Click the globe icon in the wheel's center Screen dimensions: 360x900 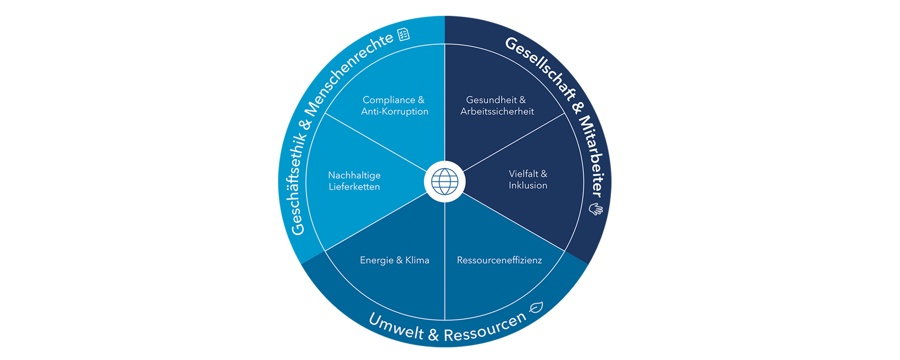[445, 181]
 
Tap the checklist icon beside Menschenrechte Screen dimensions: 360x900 [404, 34]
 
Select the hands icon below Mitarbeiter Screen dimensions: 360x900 [596, 209]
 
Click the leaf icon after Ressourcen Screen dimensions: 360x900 [536, 308]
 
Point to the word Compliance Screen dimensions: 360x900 [389, 100]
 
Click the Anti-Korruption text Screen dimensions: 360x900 [395, 112]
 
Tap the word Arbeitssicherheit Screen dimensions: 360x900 [497, 112]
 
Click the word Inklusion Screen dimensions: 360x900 [528, 185]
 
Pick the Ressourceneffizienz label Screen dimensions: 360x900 [499, 260]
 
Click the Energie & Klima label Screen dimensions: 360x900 [394, 260]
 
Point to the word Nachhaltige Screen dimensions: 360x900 [354, 175]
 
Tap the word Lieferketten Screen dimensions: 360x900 [354, 187]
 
